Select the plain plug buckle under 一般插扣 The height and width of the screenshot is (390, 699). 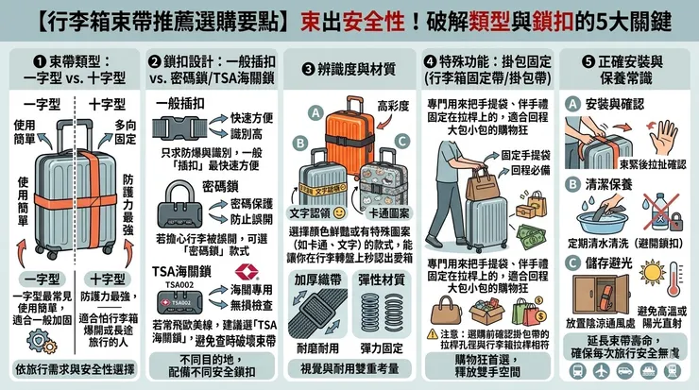pos(177,127)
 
